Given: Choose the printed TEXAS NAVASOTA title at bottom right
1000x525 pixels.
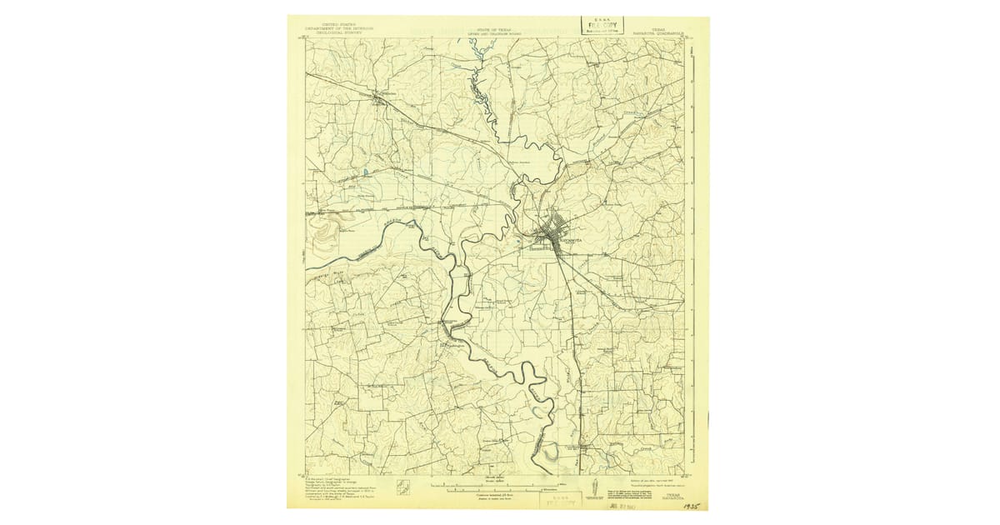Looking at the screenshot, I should click(x=669, y=495).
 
